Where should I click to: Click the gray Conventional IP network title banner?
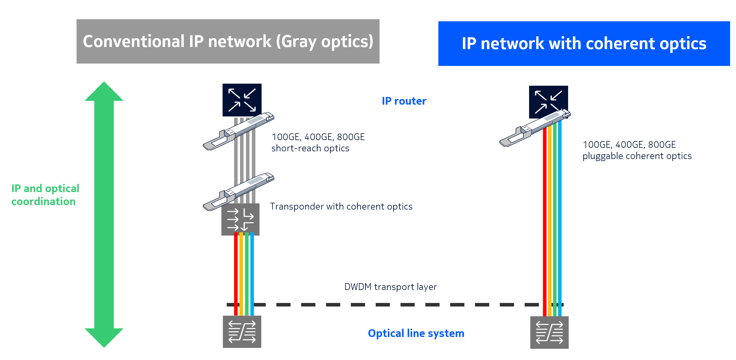(228, 41)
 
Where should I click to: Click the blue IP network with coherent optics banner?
(584, 43)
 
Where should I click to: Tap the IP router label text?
(404, 101)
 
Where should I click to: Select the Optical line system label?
(416, 333)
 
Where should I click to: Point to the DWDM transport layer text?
(390, 287)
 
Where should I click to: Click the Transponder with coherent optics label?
(341, 206)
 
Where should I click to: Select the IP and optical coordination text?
(45, 195)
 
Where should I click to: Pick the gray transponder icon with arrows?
(240, 220)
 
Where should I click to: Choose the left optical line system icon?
(242, 332)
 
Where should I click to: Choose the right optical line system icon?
(549, 332)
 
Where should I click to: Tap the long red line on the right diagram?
(544, 222)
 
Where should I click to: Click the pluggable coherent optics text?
(637, 156)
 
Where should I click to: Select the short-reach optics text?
(310, 148)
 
